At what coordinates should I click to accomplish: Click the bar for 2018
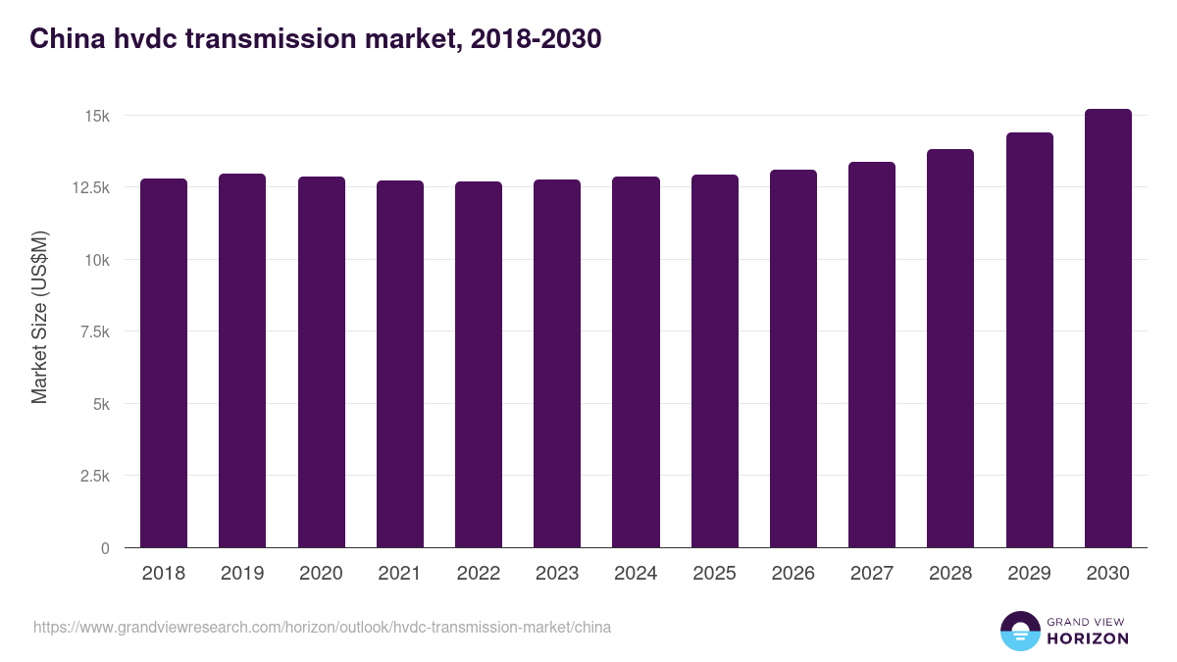(x=164, y=363)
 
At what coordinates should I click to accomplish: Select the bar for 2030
(x=1107, y=329)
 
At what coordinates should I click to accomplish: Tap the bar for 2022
(x=479, y=365)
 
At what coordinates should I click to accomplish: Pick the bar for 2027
(x=872, y=355)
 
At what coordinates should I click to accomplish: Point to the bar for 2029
(x=1029, y=340)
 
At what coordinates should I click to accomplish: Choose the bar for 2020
(x=322, y=362)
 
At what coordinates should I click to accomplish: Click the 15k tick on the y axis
(x=97, y=116)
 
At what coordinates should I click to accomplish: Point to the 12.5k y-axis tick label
(x=89, y=187)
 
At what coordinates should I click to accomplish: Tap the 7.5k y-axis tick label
(x=93, y=331)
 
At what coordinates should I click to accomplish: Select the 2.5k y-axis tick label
(x=93, y=476)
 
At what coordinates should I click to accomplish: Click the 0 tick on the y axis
(x=105, y=548)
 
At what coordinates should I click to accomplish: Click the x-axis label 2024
(x=636, y=574)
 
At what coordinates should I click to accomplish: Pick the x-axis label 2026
(x=793, y=574)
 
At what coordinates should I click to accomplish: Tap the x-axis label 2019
(x=242, y=574)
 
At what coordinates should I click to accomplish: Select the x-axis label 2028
(x=950, y=574)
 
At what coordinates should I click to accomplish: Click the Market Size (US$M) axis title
(x=39, y=317)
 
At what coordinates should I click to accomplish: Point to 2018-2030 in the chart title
(x=536, y=39)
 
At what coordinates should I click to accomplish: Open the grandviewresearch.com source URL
(x=322, y=627)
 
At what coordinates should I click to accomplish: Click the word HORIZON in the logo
(x=1087, y=638)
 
